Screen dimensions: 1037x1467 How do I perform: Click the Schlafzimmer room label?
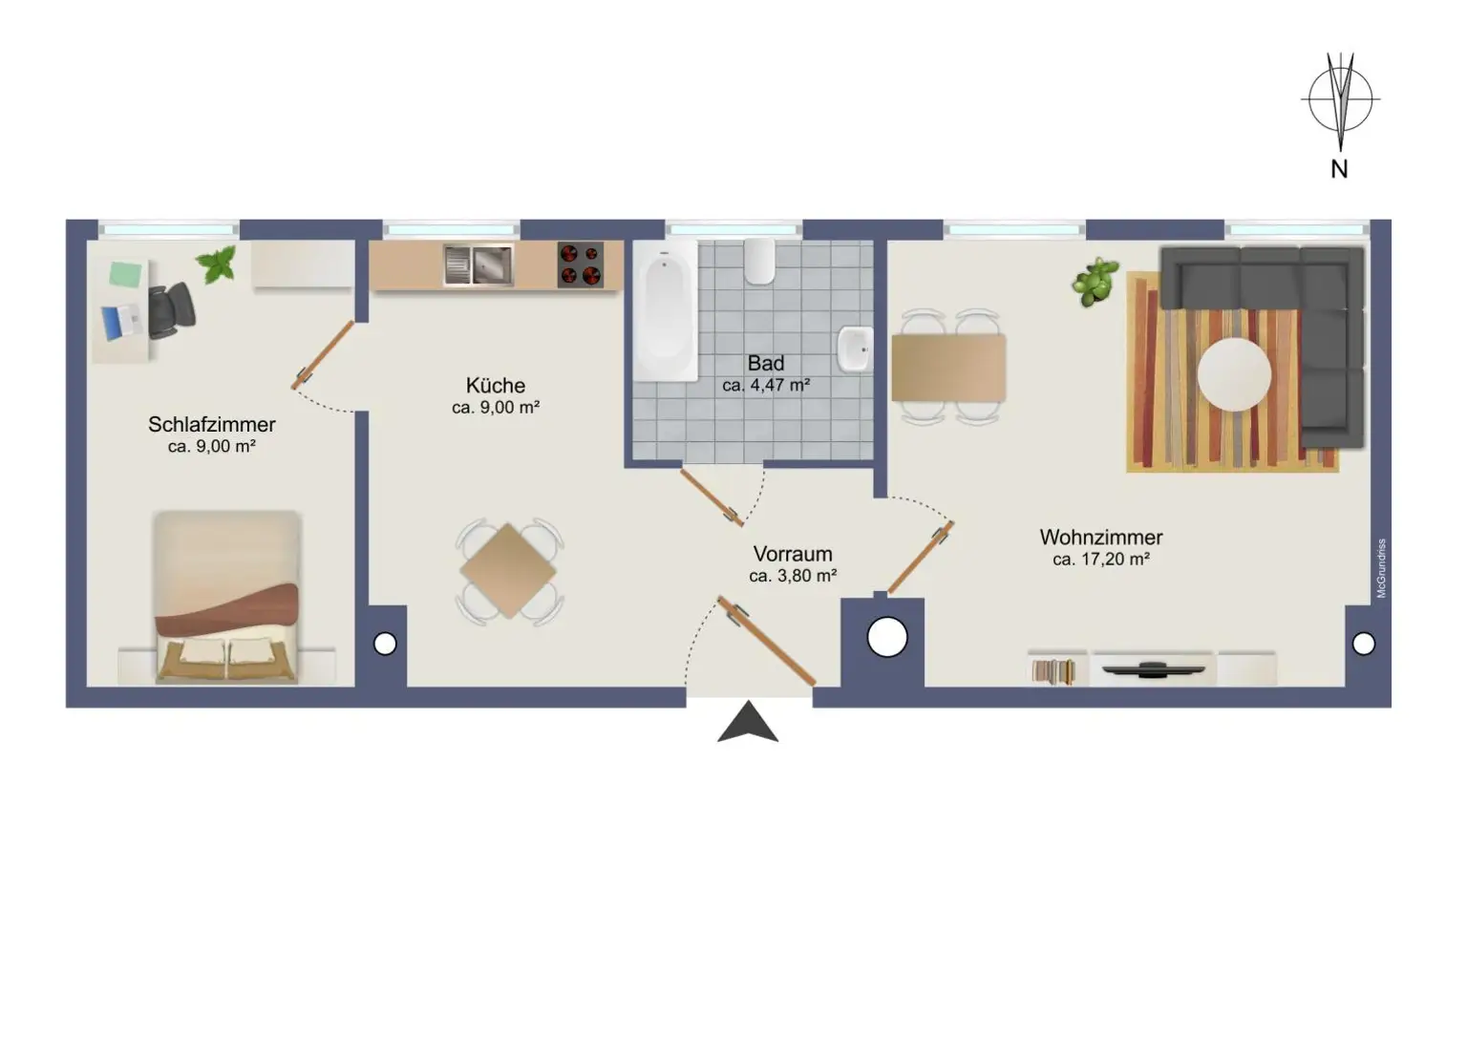211,424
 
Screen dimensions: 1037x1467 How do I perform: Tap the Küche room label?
495,385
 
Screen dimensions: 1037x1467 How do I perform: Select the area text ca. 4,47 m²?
766,386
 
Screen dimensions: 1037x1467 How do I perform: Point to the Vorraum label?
792,554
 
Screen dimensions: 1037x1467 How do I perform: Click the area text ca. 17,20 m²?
1100,560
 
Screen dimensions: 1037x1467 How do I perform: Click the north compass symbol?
1340,100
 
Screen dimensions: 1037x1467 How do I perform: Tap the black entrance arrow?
748,723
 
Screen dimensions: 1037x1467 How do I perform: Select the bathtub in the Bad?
666,310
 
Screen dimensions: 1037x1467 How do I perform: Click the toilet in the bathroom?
759,261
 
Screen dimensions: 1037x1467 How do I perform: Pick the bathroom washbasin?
855,349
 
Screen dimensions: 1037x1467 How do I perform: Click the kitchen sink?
478,265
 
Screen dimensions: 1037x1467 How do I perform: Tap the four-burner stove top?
580,265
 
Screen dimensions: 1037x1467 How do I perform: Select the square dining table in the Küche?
508,571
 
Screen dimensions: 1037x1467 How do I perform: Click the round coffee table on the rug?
1234,374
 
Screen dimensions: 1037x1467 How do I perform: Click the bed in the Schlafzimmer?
226,597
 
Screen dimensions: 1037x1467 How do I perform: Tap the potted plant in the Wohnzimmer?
1095,282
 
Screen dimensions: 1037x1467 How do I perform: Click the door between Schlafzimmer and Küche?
323,355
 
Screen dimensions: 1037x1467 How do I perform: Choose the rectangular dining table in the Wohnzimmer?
947,368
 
